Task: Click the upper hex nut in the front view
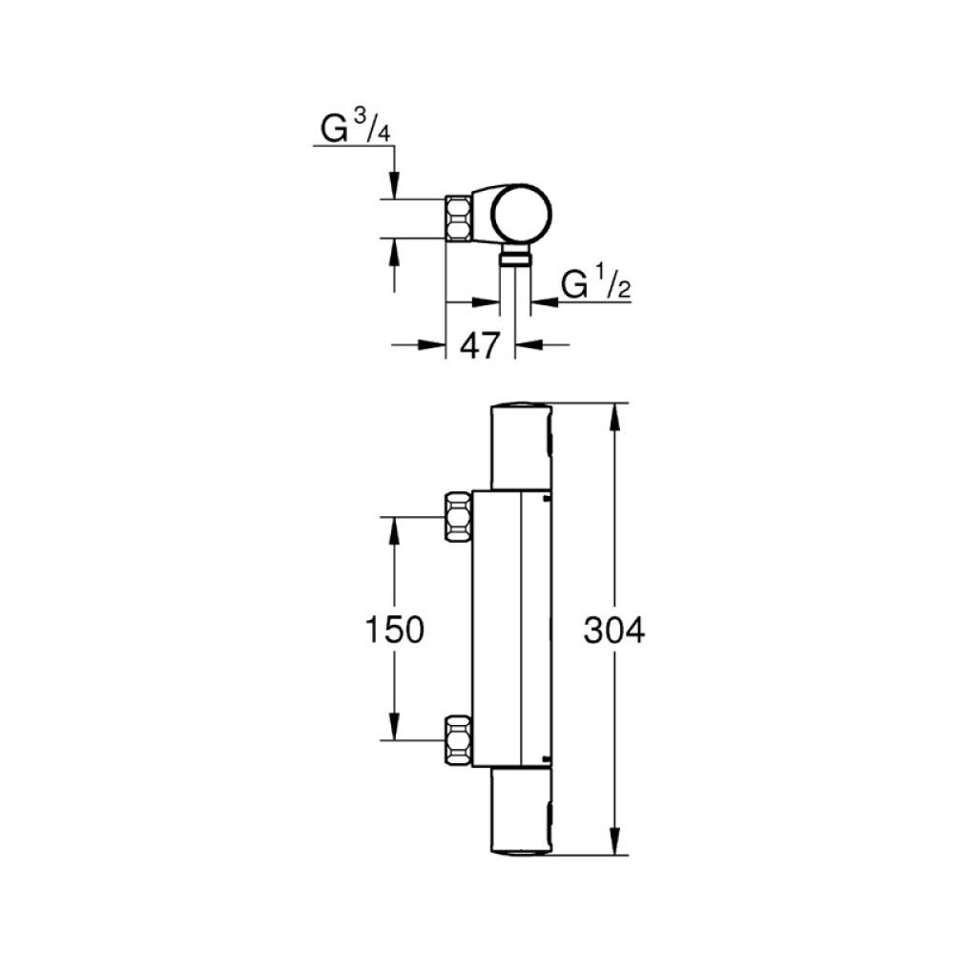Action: tap(459, 517)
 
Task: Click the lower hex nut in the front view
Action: tap(459, 740)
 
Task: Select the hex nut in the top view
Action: tap(459, 218)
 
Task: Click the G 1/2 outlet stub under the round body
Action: tap(514, 257)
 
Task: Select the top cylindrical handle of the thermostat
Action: tap(521, 448)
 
